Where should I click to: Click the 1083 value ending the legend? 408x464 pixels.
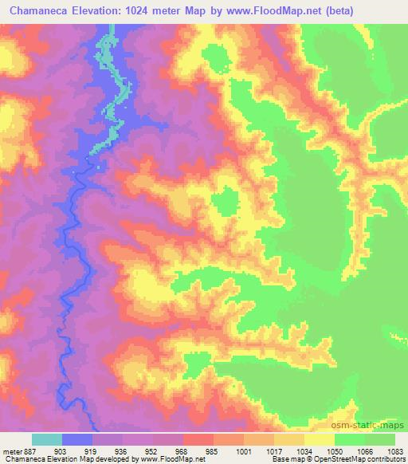pos(394,450)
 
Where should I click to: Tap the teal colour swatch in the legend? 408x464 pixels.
pos(47,439)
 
